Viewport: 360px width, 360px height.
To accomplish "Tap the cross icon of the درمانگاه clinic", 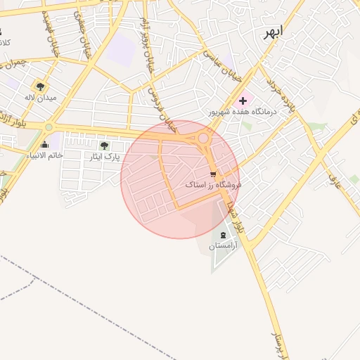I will tap(243, 101).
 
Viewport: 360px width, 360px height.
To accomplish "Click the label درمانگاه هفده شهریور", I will tap(243, 112).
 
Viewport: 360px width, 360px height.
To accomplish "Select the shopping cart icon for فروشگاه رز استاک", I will tap(213, 173).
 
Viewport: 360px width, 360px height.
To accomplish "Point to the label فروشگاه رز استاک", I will tap(213, 184).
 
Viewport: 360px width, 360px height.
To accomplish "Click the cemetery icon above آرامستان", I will tap(224, 234).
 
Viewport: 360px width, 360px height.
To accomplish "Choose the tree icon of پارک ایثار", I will tap(104, 146).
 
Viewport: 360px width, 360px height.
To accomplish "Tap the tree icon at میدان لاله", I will tap(40, 86).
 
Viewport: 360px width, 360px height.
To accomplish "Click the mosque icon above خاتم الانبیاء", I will tap(45, 145).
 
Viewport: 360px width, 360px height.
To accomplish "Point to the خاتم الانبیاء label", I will tap(45, 155).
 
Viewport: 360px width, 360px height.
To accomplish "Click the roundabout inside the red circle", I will tap(204, 139).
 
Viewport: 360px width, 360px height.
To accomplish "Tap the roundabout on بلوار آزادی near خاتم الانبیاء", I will tap(49, 127).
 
